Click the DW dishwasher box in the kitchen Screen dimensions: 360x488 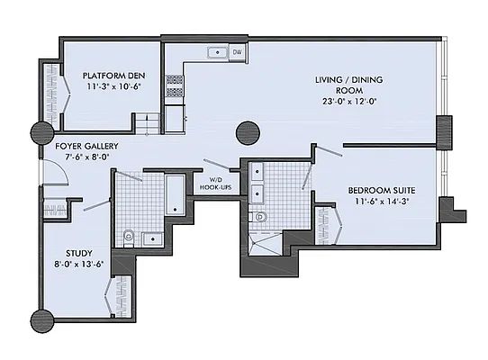237,53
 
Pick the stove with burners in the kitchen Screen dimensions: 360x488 174,85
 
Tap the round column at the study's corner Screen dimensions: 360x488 42,319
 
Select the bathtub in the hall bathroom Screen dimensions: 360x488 175,195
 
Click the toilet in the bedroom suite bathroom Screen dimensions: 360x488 262,217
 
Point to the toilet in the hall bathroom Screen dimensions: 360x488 130,238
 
